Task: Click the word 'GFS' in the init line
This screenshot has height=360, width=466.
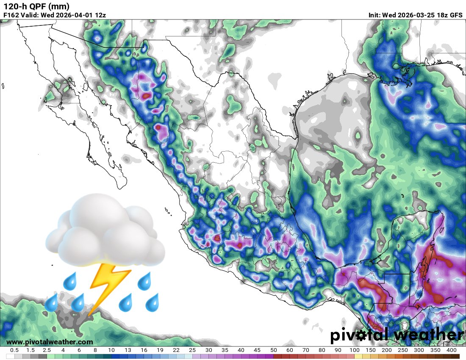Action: pyautogui.click(x=456, y=15)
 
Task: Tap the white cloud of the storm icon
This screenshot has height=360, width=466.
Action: pyautogui.click(x=106, y=231)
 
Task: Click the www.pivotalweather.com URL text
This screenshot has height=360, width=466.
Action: pyautogui.click(x=50, y=342)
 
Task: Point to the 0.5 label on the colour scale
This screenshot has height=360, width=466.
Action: pyautogui.click(x=14, y=350)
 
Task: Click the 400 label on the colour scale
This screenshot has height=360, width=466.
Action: pyautogui.click(x=451, y=350)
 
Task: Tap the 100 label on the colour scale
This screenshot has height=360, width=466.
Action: pyautogui.click(x=354, y=350)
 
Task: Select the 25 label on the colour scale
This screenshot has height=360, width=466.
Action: pyautogui.click(x=192, y=350)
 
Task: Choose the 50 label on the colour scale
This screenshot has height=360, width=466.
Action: pyautogui.click(x=273, y=350)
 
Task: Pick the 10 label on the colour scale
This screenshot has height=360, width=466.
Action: pyautogui.click(x=111, y=350)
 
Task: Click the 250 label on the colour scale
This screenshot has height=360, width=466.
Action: pyautogui.click(x=403, y=350)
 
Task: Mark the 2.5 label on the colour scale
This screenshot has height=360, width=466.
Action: pyautogui.click(x=47, y=350)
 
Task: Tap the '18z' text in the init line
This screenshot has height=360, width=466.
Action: pyautogui.click(x=441, y=15)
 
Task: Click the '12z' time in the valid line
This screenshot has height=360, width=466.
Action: pyautogui.click(x=100, y=15)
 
